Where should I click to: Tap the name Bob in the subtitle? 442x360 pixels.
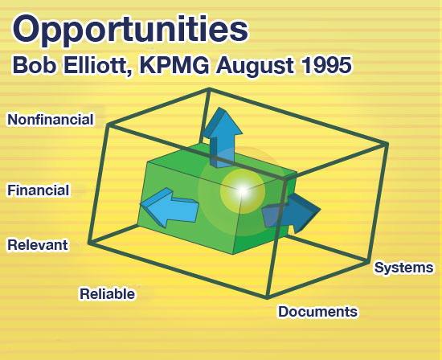pyautogui.click(x=34, y=65)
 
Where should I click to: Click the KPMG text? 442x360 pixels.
pyautogui.click(x=174, y=65)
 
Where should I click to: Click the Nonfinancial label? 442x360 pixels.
pyautogui.click(x=51, y=119)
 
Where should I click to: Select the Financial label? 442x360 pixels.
pyautogui.click(x=39, y=190)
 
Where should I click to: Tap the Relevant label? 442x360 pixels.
pyautogui.click(x=38, y=245)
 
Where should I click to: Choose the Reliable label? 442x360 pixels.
pyautogui.click(x=108, y=294)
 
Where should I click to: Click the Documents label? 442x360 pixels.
pyautogui.click(x=318, y=312)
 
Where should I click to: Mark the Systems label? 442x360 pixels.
pyautogui.click(x=403, y=268)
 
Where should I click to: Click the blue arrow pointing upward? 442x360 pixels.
pyautogui.click(x=223, y=137)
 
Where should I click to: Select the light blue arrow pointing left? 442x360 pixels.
pyautogui.click(x=169, y=207)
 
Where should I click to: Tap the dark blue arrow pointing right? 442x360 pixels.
pyautogui.click(x=291, y=214)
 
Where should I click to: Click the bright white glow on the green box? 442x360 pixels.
pyautogui.click(x=242, y=191)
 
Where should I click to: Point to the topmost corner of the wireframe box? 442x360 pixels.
pyautogui.click(x=209, y=89)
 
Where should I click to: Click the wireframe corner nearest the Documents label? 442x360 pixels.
pyautogui.click(x=267, y=297)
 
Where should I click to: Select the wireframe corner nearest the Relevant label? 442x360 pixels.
pyautogui.click(x=90, y=243)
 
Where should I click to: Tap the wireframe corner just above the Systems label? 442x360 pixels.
pyautogui.click(x=368, y=262)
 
